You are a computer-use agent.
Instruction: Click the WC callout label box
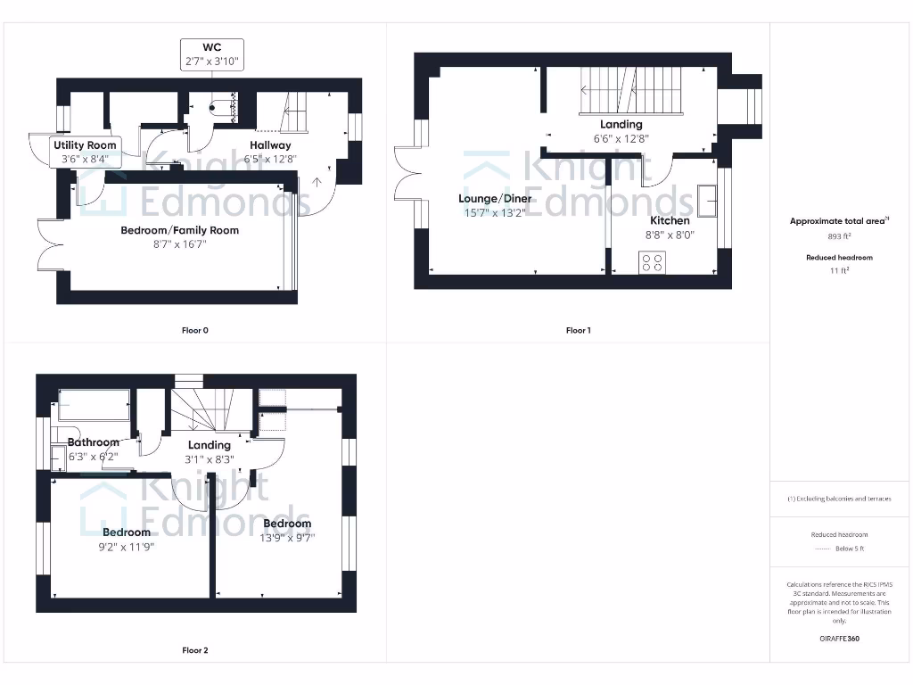click(212, 54)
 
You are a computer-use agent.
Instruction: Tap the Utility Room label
click(85, 145)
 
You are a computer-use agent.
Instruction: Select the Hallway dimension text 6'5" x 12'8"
click(270, 159)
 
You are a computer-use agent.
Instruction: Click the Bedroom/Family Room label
click(180, 230)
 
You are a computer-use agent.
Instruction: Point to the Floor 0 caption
click(194, 330)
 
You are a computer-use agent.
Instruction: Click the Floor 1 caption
click(578, 330)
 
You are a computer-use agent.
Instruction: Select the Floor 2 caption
click(194, 650)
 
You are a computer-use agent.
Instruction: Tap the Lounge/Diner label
click(495, 198)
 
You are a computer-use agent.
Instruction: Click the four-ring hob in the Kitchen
click(652, 262)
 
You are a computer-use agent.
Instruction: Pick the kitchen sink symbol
click(709, 201)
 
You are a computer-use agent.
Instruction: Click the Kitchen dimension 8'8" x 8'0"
click(670, 235)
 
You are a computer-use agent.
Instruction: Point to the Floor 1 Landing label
click(621, 125)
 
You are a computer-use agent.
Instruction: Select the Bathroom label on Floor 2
click(94, 442)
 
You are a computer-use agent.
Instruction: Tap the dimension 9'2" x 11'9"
click(126, 547)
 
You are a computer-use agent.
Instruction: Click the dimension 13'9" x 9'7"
click(287, 537)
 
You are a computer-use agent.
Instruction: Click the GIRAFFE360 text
click(840, 639)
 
